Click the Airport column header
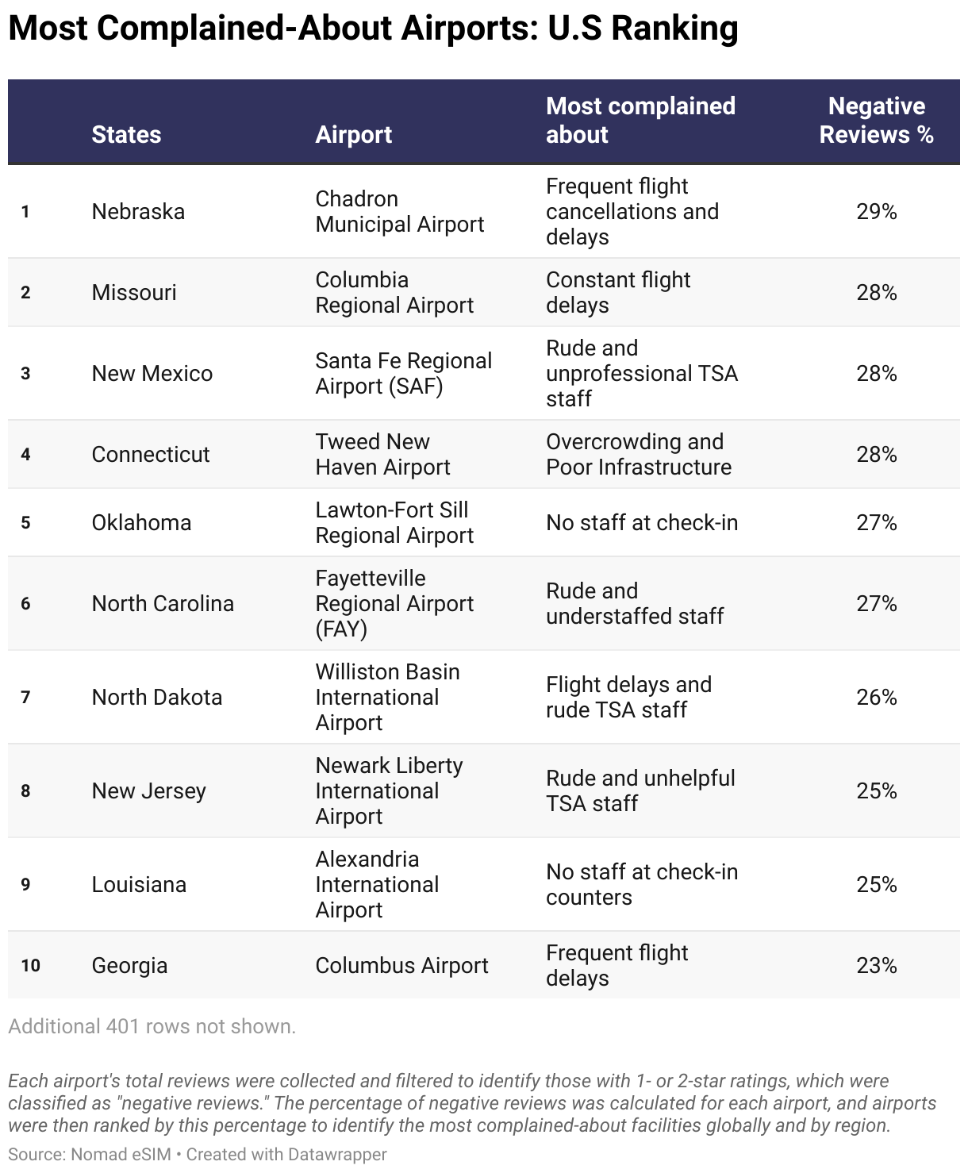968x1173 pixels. [353, 135]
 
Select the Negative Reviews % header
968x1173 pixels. [876, 121]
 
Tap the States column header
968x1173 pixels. [126, 135]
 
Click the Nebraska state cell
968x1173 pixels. [138, 212]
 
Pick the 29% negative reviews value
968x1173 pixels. [876, 212]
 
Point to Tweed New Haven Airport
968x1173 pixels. [382, 454]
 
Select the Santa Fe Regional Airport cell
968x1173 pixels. [403, 373]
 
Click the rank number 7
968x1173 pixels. [25, 698]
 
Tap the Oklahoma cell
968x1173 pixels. [141, 523]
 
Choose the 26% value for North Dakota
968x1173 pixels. [876, 698]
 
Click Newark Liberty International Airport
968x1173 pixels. [389, 790]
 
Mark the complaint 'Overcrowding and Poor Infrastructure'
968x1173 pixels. [638, 454]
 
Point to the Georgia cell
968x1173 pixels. [129, 966]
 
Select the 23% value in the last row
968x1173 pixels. [876, 966]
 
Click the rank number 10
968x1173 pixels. [30, 966]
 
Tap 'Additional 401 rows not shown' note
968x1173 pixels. [152, 1027]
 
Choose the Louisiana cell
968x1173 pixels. [139, 885]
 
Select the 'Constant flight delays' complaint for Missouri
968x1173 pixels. [617, 293]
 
